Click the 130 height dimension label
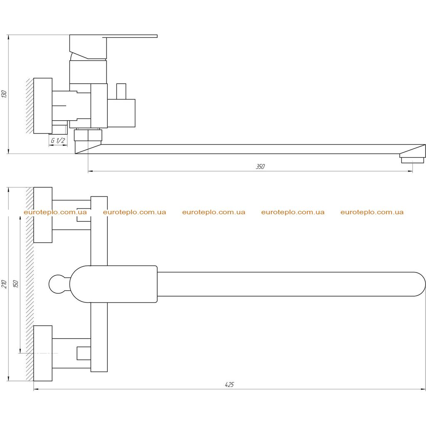point(4,94)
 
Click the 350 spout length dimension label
point(260,166)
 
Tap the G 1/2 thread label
point(58,141)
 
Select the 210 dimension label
point(4,284)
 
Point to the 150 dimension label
point(15,284)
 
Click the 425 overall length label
point(229,384)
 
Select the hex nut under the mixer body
point(88,135)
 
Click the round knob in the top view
point(57,284)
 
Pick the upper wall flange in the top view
point(43,215)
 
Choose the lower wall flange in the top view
point(43,353)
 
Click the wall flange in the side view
point(43,106)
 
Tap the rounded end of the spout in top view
point(419,284)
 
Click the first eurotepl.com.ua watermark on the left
point(55,212)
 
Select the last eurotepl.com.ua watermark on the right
point(372,212)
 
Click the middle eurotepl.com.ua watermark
point(213,212)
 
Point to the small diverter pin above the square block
point(121,91)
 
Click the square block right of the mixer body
point(121,113)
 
